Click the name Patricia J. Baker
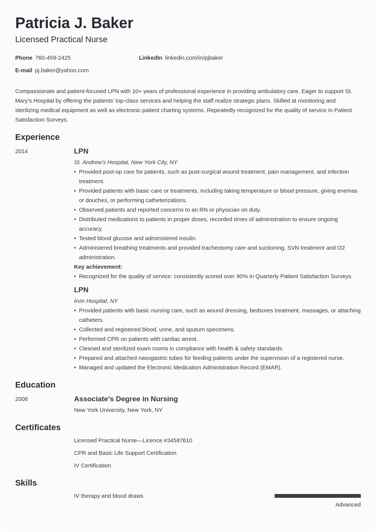74,23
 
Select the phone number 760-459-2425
53,58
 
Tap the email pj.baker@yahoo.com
62,70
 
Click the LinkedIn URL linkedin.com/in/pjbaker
194,58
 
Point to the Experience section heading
37,137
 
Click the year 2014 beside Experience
21,151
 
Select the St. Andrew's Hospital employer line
126,162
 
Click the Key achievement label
98,267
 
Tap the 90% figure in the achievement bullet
242,276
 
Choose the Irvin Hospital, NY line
96,301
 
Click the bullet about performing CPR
138,339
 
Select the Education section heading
35,385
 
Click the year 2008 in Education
21,399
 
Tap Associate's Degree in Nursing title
126,399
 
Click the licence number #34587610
178,440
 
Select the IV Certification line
92,465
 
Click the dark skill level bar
318,496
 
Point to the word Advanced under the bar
348,505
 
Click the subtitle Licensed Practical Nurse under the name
61,40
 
